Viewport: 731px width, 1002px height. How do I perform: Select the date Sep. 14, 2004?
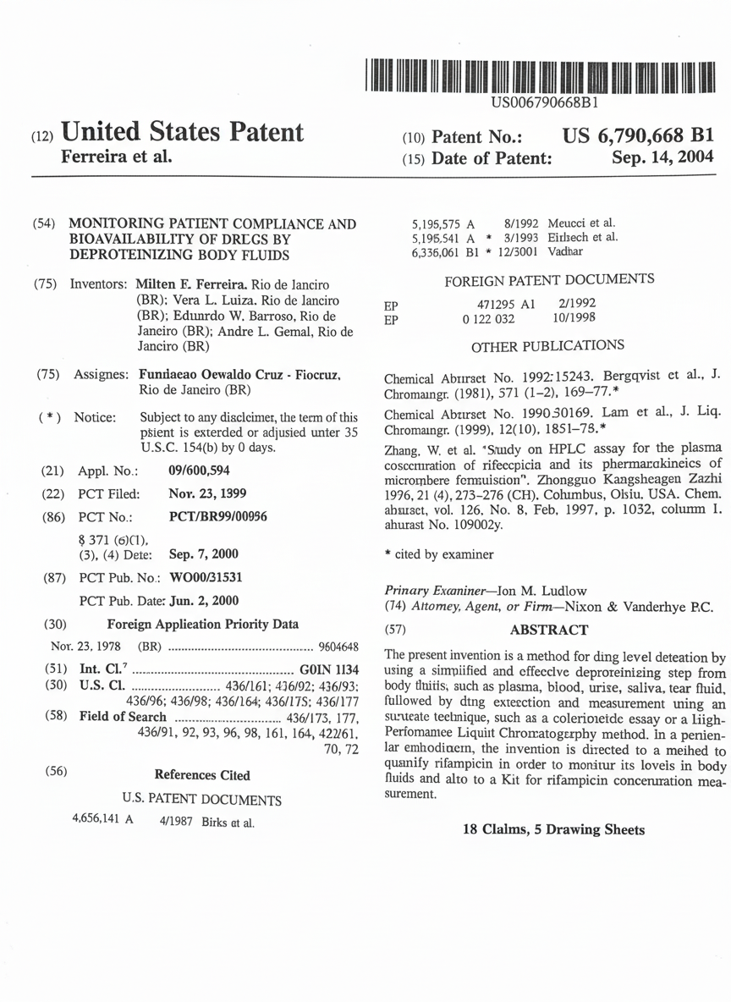click(662, 157)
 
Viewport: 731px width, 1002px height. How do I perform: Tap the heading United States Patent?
click(183, 132)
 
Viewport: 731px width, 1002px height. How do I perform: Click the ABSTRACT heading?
click(549, 630)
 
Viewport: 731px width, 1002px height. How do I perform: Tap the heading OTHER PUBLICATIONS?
click(547, 345)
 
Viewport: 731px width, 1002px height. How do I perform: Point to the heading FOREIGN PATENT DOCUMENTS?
click(548, 279)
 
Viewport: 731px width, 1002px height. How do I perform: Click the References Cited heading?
click(202, 774)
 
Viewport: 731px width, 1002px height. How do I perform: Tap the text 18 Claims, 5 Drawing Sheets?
click(553, 829)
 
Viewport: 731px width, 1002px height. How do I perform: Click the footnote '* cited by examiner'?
click(438, 555)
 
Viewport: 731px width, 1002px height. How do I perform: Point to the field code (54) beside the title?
click(44, 224)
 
